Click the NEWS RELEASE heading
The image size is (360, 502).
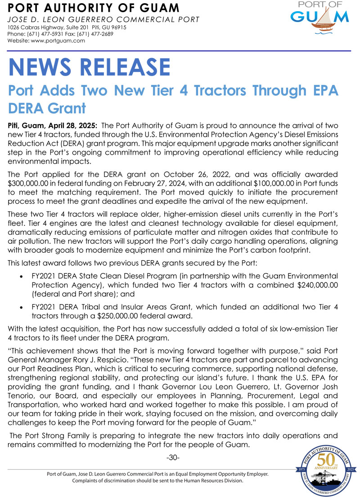(90, 67)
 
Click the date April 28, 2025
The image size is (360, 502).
(74, 125)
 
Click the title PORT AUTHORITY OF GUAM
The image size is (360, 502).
(94, 8)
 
